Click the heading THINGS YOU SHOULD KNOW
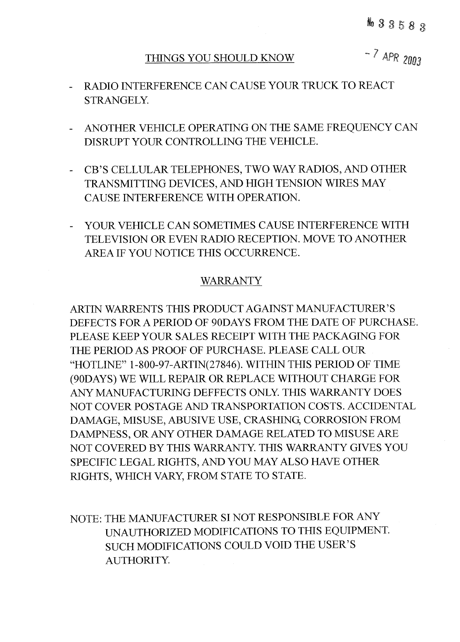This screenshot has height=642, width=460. point(219,58)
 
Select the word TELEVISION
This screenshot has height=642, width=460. point(114,239)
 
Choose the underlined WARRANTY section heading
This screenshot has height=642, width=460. point(231,281)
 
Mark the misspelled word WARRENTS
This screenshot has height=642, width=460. point(135,309)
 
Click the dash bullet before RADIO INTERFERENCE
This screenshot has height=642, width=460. point(72,87)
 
